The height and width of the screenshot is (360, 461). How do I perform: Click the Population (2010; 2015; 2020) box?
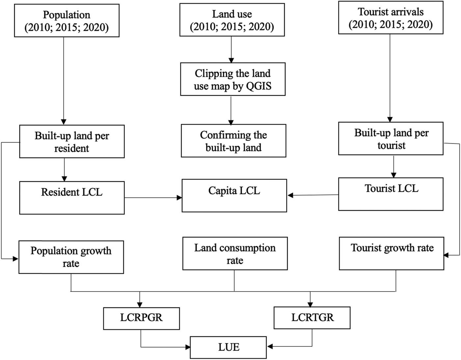(x=67, y=20)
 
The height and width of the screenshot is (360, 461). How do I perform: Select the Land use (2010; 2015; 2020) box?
(x=232, y=20)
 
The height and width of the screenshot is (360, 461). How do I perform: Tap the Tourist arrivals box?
(x=391, y=18)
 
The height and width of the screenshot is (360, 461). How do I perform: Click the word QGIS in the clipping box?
(x=259, y=86)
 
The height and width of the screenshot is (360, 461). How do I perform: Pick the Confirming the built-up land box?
(x=233, y=141)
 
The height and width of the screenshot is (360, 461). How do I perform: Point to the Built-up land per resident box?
(x=72, y=142)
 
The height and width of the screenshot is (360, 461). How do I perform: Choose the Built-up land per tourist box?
(x=391, y=139)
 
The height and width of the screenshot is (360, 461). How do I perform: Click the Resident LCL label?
(x=72, y=192)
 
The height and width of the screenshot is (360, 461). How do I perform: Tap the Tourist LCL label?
(x=391, y=188)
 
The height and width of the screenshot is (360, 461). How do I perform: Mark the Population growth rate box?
(x=71, y=257)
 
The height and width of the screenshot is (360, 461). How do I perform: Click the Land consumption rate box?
(x=235, y=254)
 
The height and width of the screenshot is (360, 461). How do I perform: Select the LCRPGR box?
(x=141, y=318)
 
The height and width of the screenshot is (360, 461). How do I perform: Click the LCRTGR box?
(x=312, y=318)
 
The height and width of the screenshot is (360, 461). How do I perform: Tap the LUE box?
(x=228, y=347)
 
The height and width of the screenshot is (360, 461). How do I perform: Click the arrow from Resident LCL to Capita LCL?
(x=153, y=198)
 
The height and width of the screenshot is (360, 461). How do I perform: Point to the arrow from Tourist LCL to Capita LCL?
(x=313, y=195)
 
